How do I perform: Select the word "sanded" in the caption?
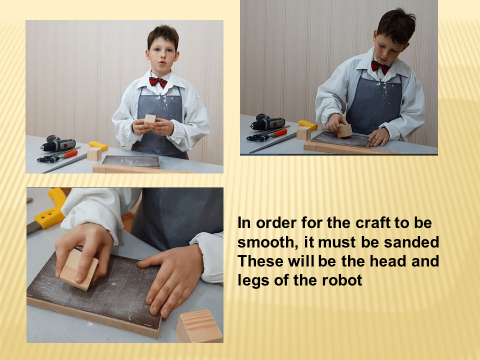point(411,242)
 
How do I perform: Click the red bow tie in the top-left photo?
point(158,81)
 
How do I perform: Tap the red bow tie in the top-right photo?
point(380,66)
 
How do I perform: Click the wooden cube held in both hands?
point(150,119)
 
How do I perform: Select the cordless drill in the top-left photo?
point(58,143)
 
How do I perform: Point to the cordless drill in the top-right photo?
point(267,122)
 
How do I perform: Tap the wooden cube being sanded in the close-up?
point(78,269)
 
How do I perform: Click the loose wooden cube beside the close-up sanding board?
point(199,326)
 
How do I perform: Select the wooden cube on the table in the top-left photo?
point(94,154)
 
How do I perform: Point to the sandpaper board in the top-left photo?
point(131,161)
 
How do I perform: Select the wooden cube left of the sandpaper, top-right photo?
point(303,133)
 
